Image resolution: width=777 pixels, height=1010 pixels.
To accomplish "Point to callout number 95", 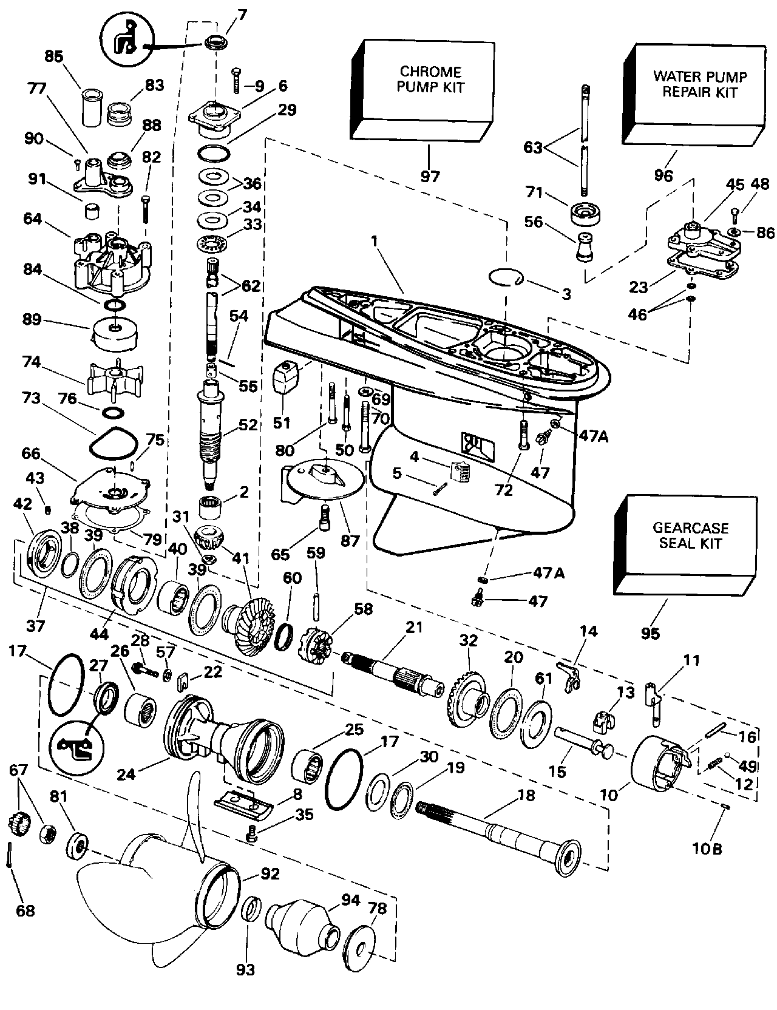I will (650, 633).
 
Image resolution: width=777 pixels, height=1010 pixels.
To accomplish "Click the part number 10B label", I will (707, 848).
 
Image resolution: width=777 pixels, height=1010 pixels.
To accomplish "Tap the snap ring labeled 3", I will (506, 277).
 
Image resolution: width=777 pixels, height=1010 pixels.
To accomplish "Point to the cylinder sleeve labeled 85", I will (92, 108).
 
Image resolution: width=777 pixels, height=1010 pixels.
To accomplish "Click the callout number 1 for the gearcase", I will (375, 241).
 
